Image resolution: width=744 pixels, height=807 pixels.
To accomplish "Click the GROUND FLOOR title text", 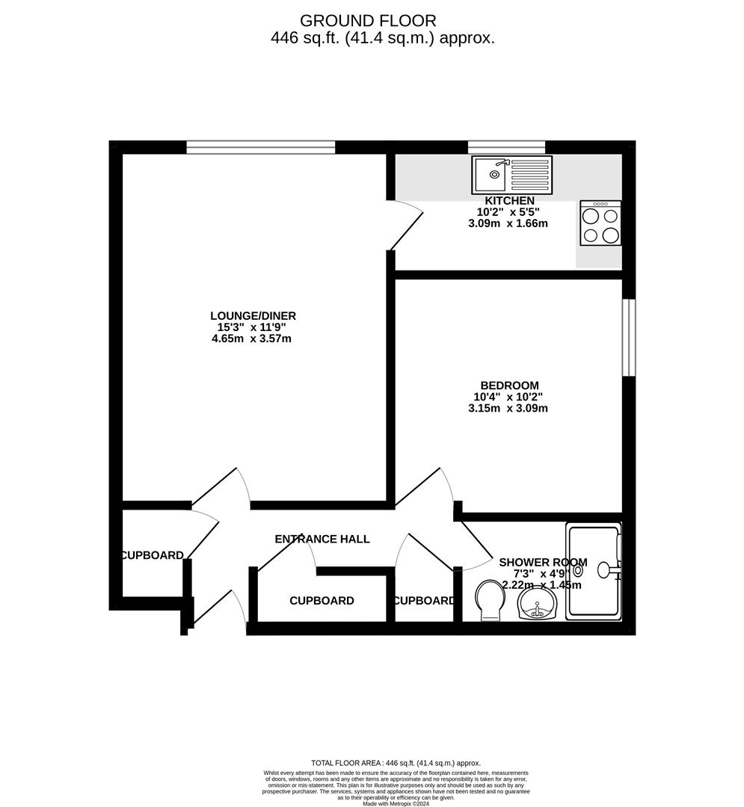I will click(x=368, y=21).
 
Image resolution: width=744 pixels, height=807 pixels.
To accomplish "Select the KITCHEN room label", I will click(x=510, y=200).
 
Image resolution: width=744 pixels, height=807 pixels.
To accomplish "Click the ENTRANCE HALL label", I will click(x=322, y=539).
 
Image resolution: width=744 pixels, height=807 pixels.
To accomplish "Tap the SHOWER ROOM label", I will click(x=543, y=562).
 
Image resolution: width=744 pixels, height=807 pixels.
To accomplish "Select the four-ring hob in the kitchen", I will click(x=600, y=223).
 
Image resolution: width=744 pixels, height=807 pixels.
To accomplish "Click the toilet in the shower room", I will click(x=490, y=600).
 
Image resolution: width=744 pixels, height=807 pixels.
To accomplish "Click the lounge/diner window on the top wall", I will click(x=260, y=147).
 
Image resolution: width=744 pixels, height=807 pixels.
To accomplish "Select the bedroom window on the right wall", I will click(x=629, y=337).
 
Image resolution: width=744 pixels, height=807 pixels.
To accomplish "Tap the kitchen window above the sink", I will click(x=506, y=147).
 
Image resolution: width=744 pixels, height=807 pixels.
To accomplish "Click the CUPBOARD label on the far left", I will click(x=153, y=555).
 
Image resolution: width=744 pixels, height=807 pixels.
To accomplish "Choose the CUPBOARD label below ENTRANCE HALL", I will click(x=322, y=601).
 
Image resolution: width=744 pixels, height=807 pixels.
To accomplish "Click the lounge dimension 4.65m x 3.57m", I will click(x=251, y=338).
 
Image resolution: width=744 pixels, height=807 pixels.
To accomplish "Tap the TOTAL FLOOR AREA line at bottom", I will click(x=396, y=763).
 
